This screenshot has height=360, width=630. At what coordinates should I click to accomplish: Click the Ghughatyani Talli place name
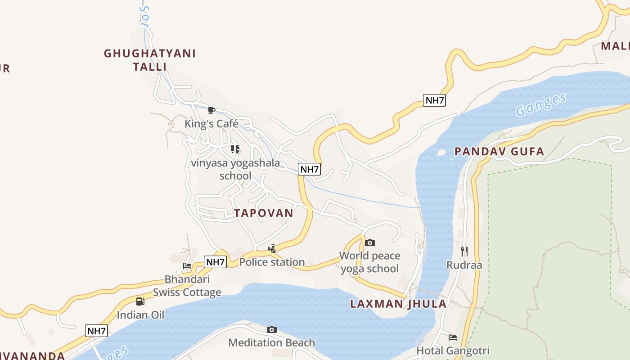(150, 60)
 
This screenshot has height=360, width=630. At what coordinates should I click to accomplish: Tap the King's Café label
(211, 124)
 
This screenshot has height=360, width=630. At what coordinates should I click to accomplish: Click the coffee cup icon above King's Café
(211, 110)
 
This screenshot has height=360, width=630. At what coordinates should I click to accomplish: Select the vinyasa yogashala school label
(235, 169)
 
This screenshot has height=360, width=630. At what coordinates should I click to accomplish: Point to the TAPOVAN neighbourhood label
(264, 213)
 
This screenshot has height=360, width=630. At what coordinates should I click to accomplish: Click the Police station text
(272, 262)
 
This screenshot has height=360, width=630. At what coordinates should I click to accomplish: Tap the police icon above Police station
(272, 248)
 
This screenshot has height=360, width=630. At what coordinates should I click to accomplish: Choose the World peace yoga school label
(369, 262)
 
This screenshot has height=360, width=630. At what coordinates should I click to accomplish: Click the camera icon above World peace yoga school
(369, 243)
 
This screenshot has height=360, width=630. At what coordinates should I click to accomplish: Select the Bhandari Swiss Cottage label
(187, 286)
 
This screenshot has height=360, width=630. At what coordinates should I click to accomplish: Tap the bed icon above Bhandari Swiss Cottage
(187, 266)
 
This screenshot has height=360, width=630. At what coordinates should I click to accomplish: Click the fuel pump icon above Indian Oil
(140, 301)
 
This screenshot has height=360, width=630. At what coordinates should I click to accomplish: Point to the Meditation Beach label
(271, 342)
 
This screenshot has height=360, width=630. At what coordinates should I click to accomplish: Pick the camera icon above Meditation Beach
(271, 329)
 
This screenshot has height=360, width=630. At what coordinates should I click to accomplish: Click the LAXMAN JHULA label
(398, 304)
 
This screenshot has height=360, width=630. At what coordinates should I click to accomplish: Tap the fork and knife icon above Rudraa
(464, 251)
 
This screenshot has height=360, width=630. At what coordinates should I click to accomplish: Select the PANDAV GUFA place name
(499, 151)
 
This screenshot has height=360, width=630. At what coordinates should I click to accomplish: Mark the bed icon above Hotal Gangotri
(452, 337)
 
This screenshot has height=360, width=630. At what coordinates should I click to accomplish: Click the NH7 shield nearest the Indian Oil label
(96, 331)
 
